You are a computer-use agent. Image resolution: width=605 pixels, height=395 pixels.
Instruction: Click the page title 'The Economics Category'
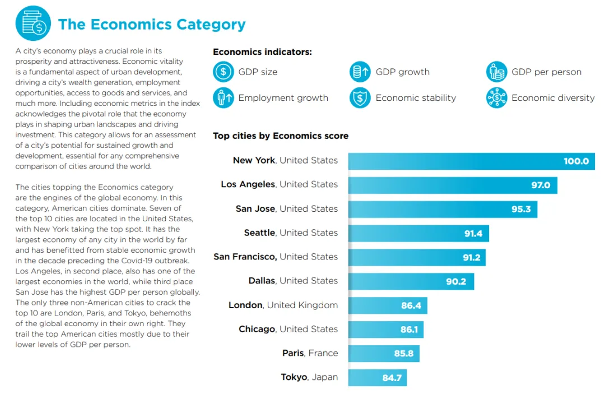pos(152,25)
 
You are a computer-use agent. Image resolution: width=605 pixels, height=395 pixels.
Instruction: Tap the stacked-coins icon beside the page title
pos(33,24)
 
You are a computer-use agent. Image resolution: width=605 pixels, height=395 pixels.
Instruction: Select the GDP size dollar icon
pos(223,72)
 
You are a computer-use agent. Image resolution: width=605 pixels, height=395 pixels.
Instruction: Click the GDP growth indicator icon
pos(360,72)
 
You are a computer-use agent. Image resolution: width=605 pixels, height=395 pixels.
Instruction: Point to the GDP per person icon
pos(496,72)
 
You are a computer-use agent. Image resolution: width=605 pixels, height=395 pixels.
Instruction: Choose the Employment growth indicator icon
pos(223,97)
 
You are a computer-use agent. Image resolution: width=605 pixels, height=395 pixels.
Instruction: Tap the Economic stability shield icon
pos(360,97)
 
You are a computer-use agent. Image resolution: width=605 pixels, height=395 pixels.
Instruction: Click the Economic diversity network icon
pos(496,97)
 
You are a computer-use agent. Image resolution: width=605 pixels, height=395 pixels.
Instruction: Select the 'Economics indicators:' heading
pos(262,52)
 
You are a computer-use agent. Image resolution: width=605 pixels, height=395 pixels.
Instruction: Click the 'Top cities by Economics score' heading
pos(281,136)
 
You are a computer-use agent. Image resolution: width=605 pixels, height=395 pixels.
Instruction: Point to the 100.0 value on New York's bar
pos(576,161)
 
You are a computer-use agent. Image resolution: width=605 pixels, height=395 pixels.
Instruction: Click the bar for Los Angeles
pos(452,185)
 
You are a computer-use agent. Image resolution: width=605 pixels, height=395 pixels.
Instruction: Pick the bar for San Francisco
pos(416,257)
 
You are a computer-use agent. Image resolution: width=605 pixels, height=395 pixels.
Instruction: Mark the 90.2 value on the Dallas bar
pos(456,281)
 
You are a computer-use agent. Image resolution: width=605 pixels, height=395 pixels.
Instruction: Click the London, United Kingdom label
pos(283,305)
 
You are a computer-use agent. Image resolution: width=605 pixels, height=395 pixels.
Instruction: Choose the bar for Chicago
pos(385,329)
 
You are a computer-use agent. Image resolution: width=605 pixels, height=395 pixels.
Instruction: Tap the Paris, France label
pos(310,353)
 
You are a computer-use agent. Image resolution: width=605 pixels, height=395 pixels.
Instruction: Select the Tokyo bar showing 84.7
pos(377,378)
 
